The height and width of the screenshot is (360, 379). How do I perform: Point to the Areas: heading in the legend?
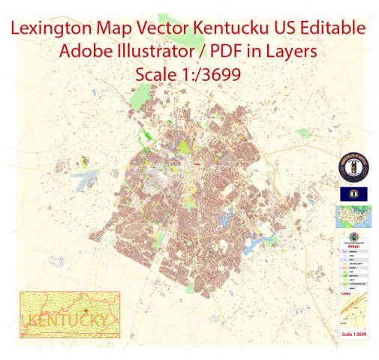click(x=346, y=254)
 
